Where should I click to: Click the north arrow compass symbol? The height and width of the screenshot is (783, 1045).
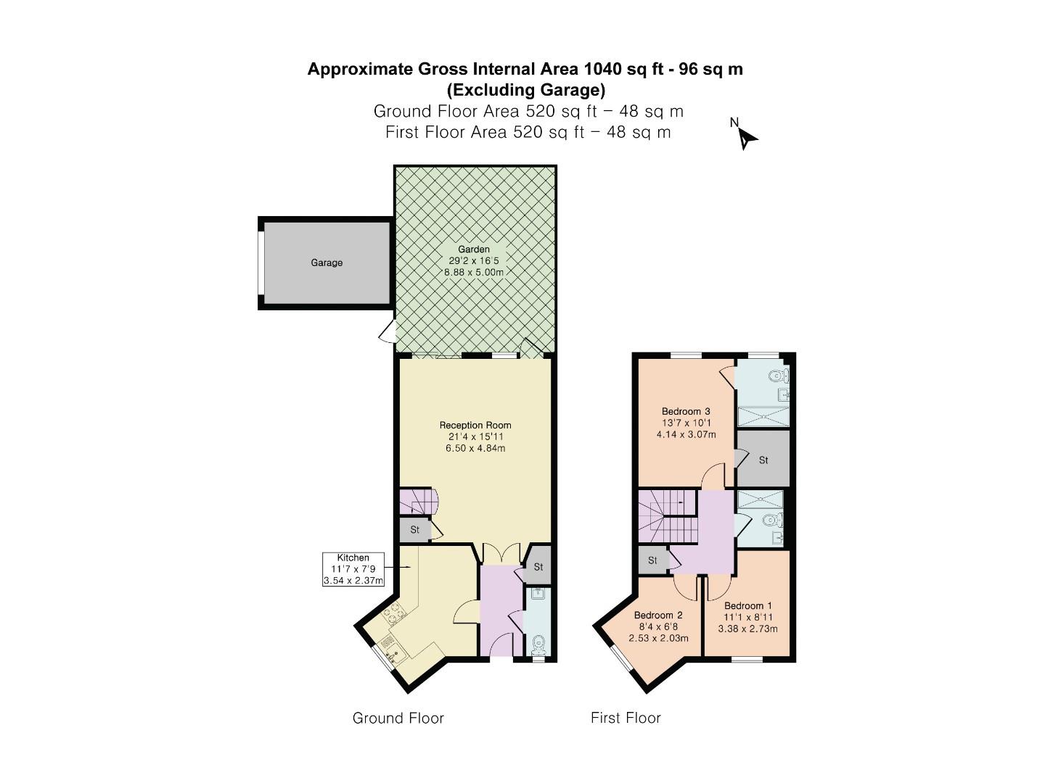(747, 136)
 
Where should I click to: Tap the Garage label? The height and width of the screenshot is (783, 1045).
(327, 262)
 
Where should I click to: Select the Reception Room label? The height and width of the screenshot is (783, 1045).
(475, 425)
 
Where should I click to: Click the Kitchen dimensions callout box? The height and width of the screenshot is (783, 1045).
(353, 569)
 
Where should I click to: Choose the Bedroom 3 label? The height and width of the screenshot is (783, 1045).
(686, 411)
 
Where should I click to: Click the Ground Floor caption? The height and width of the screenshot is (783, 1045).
(398, 718)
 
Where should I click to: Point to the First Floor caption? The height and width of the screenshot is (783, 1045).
(626, 718)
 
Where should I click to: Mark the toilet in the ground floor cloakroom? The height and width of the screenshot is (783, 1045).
(538, 643)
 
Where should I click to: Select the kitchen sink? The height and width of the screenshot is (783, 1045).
(391, 647)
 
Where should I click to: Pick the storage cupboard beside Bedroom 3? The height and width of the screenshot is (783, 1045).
(763, 460)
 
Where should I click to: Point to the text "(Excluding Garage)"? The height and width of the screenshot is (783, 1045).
(525, 90)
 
